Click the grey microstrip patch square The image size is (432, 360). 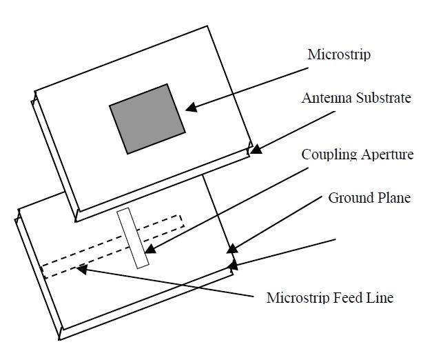point(147,119)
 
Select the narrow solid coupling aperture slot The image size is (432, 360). point(134,238)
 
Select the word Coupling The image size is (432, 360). point(327,154)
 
